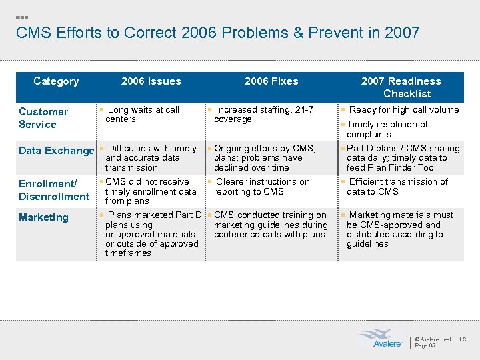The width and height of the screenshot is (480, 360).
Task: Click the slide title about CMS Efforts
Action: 217,33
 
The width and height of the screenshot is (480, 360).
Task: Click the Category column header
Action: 56,81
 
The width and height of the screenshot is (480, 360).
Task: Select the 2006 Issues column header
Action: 151,81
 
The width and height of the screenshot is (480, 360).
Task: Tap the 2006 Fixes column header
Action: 271,81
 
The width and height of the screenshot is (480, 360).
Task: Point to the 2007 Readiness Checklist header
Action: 401,87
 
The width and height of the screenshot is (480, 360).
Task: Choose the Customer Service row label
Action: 43,118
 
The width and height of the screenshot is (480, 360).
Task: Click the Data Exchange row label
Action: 57,151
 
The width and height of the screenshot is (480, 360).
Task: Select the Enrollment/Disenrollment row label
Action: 54,190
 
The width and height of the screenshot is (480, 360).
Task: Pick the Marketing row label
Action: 43,217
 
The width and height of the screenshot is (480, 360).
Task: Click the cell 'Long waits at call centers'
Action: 143,114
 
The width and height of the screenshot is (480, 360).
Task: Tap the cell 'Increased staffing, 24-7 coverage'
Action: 264,114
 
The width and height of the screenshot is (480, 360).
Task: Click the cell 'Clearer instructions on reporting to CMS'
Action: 262,187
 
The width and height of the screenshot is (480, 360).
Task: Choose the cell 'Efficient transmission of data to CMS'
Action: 397,187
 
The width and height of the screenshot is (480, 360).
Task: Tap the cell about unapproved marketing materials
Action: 151,234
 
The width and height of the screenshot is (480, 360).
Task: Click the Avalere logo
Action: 380,338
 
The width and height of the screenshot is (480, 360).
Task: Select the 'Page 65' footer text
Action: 425,345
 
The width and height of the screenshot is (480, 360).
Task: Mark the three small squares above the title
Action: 21,17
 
